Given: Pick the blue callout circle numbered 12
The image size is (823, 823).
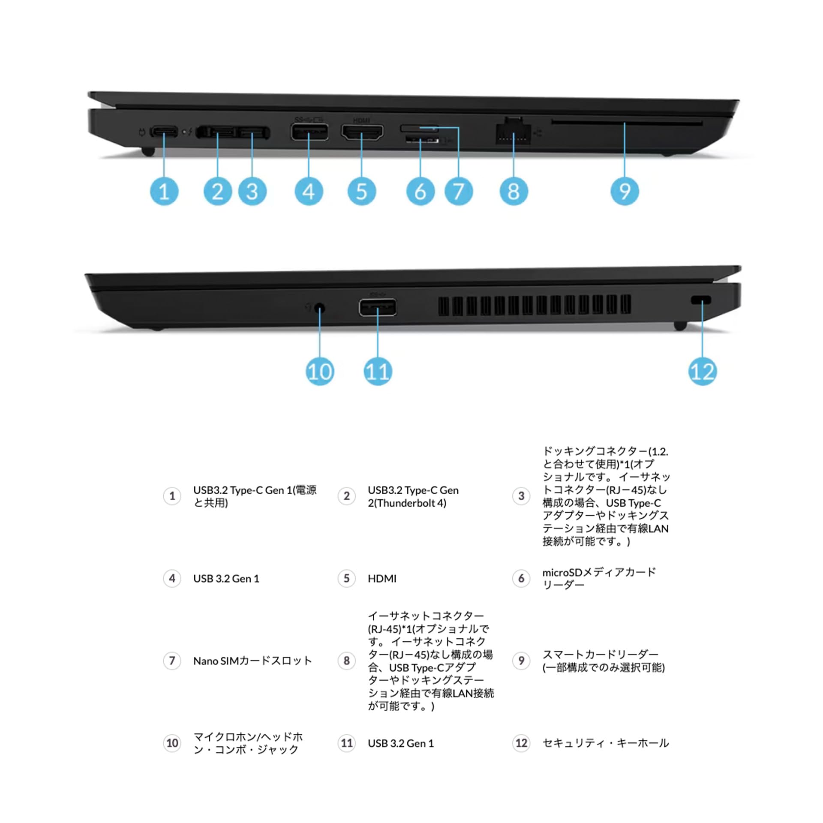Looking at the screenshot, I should coord(702,371).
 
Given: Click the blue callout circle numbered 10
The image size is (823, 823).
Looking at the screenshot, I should coord(320,371).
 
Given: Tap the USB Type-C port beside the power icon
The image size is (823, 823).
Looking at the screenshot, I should coord(164,131).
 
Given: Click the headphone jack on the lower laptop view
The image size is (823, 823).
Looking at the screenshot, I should coord(319,308).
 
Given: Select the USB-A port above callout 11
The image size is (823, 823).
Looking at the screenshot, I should coord(377,307).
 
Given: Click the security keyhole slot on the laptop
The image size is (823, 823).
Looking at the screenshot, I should coord(701,300).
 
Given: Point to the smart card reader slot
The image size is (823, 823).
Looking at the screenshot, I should coord(627,123).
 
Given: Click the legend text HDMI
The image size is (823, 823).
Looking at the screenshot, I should coord(382,579).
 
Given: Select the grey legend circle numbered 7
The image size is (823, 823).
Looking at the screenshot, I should coord(172,661).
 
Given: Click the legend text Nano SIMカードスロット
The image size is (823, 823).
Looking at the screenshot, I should coord(252,661).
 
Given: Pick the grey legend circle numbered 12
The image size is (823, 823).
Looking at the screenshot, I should coord(521,743).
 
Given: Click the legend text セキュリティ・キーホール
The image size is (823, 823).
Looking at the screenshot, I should coord(605,743).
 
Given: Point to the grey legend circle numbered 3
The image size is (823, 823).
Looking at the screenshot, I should coord(521,496).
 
